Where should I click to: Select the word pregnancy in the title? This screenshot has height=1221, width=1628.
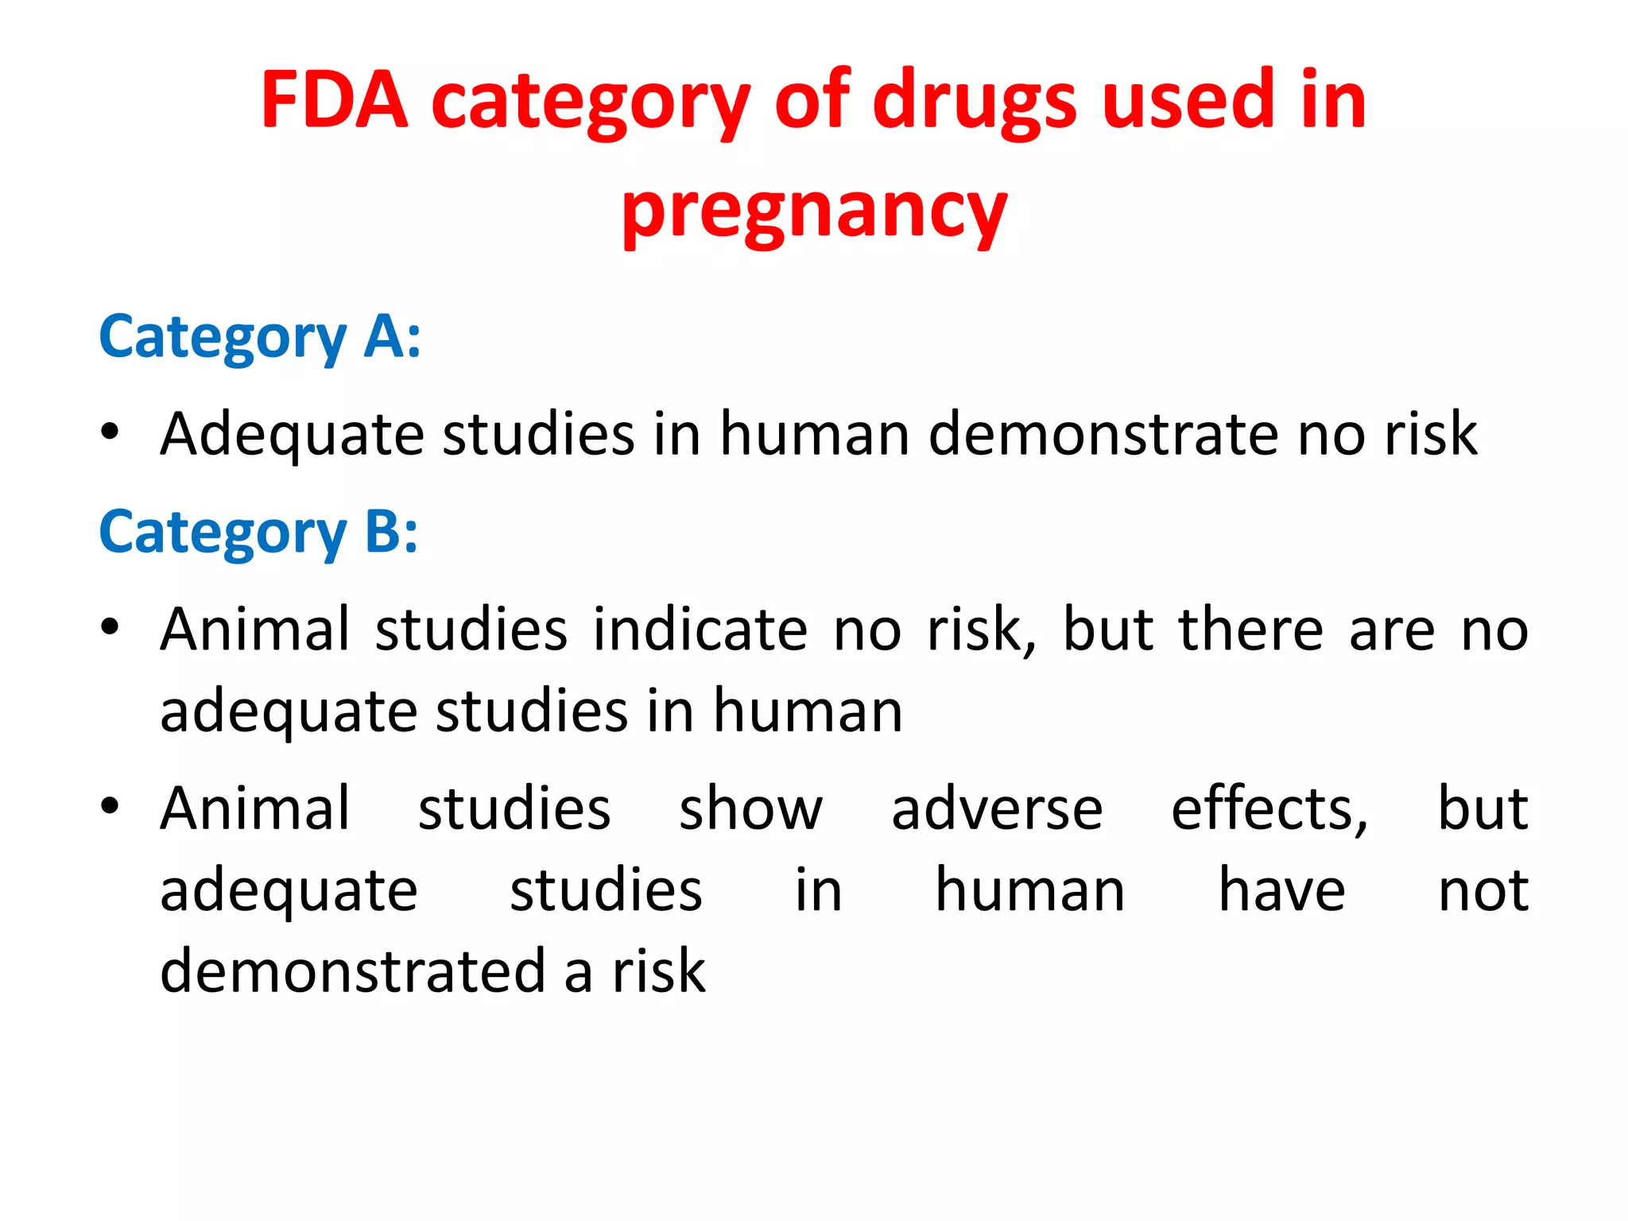[x=814, y=211]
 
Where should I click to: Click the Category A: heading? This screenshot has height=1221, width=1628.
[x=260, y=338]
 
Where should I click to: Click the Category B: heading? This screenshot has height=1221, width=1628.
[x=258, y=533]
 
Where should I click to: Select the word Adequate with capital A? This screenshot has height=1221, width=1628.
[x=291, y=435]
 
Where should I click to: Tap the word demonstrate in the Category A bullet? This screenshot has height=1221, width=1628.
[x=1103, y=435]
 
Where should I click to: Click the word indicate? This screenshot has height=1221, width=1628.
[x=700, y=630]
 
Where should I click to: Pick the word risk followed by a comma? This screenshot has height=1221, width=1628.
[x=981, y=630]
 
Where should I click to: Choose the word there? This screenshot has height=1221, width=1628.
[x=1250, y=630]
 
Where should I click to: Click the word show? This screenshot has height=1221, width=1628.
[x=750, y=809]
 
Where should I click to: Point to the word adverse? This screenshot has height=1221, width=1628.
[x=997, y=809]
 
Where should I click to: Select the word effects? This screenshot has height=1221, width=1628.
[x=1269, y=809]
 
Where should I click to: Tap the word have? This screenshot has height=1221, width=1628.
[x=1281, y=890]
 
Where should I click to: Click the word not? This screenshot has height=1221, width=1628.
[x=1483, y=890]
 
